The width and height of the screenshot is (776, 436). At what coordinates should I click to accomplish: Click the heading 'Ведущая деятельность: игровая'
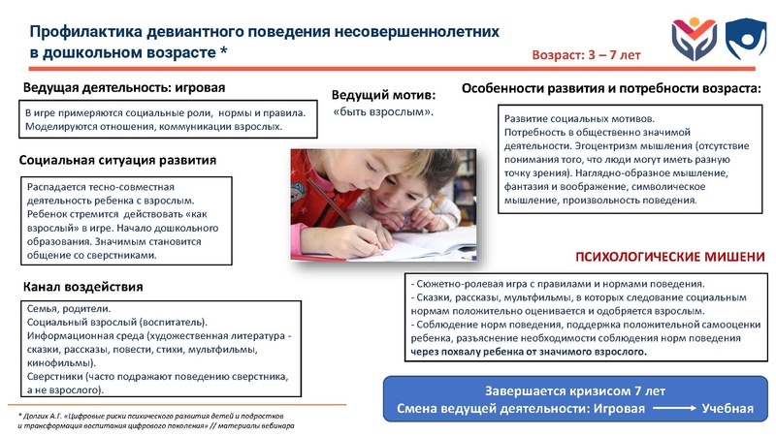(123, 87)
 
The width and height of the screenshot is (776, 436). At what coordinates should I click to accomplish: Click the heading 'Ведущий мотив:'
(383, 96)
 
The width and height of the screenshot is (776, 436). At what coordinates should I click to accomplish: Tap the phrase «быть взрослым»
(383, 113)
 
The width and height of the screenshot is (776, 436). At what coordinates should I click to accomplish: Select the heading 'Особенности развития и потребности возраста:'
(611, 88)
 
